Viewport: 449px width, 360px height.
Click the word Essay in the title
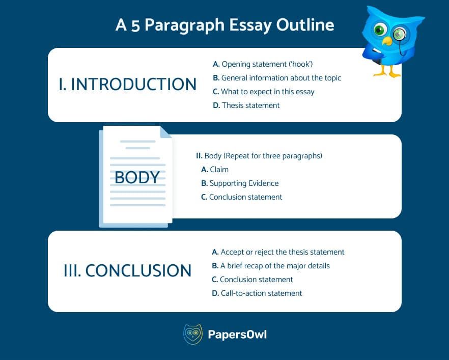(250, 25)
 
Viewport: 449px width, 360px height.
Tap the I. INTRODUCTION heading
(127, 84)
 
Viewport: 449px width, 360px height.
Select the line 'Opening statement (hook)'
(263, 64)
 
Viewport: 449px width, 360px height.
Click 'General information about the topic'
(277, 78)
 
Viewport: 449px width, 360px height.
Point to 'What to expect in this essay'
(264, 92)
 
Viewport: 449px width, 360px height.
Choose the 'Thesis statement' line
(246, 105)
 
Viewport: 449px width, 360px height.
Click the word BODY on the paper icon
(137, 177)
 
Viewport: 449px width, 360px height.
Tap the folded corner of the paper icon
(166, 132)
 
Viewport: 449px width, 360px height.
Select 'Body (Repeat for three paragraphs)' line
(259, 156)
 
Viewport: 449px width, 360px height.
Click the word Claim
(219, 170)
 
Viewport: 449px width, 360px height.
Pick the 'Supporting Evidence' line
(240, 183)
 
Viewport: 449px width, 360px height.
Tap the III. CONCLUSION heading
(127, 270)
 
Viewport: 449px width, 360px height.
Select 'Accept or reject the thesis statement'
(278, 252)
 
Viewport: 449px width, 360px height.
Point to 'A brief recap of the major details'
(271, 266)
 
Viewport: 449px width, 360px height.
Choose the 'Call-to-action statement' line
(257, 293)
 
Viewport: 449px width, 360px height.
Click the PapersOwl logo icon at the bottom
(193, 334)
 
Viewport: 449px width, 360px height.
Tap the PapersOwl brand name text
(237, 335)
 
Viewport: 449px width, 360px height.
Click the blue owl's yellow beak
(387, 41)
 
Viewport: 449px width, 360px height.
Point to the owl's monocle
(398, 34)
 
